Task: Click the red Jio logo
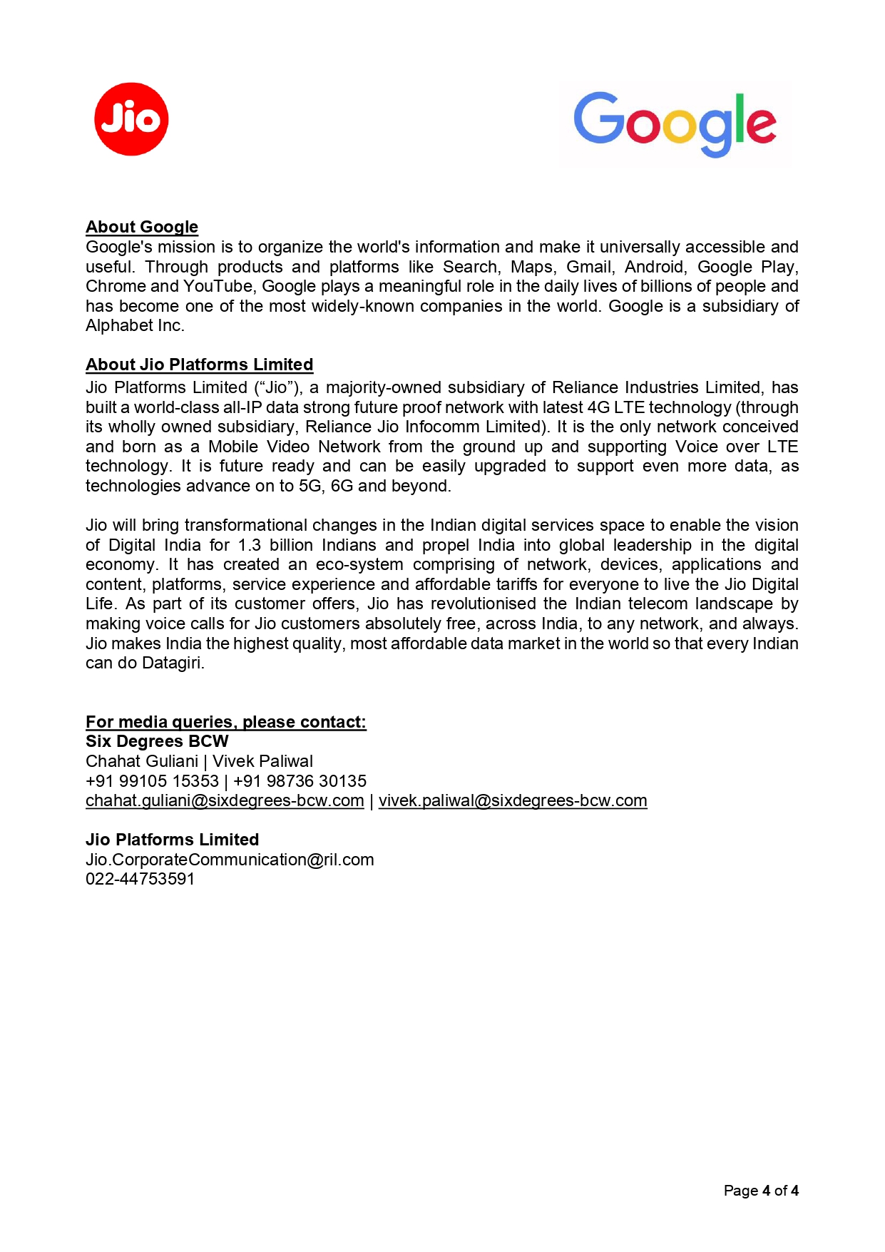pyautogui.click(x=131, y=119)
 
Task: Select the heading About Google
pyautogui.click(x=142, y=227)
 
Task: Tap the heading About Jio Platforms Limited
pyautogui.click(x=199, y=365)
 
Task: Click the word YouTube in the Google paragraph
pyautogui.click(x=213, y=286)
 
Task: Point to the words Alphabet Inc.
pyautogui.click(x=135, y=325)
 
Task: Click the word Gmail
pyautogui.click(x=590, y=267)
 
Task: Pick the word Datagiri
pyautogui.click(x=173, y=663)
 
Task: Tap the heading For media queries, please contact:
pyautogui.click(x=225, y=722)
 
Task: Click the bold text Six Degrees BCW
pyautogui.click(x=157, y=741)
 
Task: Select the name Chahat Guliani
pyautogui.click(x=142, y=761)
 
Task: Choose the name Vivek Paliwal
pyautogui.click(x=263, y=761)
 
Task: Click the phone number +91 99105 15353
pyautogui.click(x=152, y=781)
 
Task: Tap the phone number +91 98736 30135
pyautogui.click(x=300, y=781)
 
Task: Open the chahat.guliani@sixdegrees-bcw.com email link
pyautogui.click(x=225, y=800)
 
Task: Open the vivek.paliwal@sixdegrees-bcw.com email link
pyautogui.click(x=513, y=800)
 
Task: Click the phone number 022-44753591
pyautogui.click(x=140, y=879)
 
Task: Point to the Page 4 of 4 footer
pyautogui.click(x=760, y=1191)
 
